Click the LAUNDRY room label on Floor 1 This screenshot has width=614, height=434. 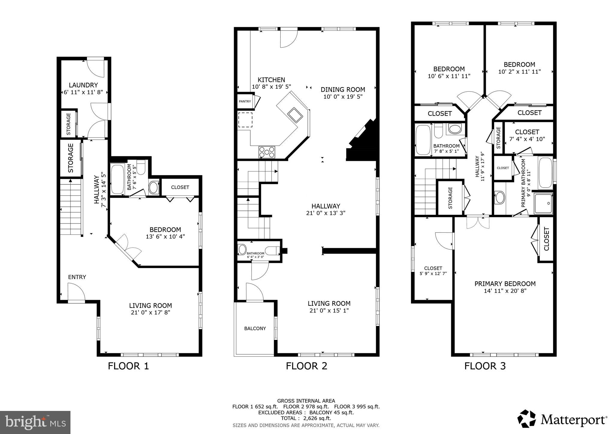click(83, 85)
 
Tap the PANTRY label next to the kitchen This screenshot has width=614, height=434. click(245, 102)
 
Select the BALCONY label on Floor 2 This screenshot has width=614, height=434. click(255, 328)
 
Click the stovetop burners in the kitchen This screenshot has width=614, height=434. click(267, 152)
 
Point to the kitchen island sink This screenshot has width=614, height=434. click(295, 115)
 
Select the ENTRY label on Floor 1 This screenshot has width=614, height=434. click(77, 277)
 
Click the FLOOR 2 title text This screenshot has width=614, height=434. click(306, 366)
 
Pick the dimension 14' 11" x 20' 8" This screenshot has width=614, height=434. click(505, 291)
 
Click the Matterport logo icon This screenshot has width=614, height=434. click(526, 419)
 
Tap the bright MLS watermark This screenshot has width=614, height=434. click(35, 423)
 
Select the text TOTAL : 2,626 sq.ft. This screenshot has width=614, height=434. click(306, 418)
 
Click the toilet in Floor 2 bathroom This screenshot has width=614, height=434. click(273, 250)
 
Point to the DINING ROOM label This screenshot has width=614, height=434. click(343, 90)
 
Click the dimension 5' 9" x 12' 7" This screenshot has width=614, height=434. click(433, 273)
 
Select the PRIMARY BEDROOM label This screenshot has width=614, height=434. click(505, 284)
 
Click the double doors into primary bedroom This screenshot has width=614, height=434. click(478, 222)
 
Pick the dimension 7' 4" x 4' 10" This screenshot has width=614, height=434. click(527, 139)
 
